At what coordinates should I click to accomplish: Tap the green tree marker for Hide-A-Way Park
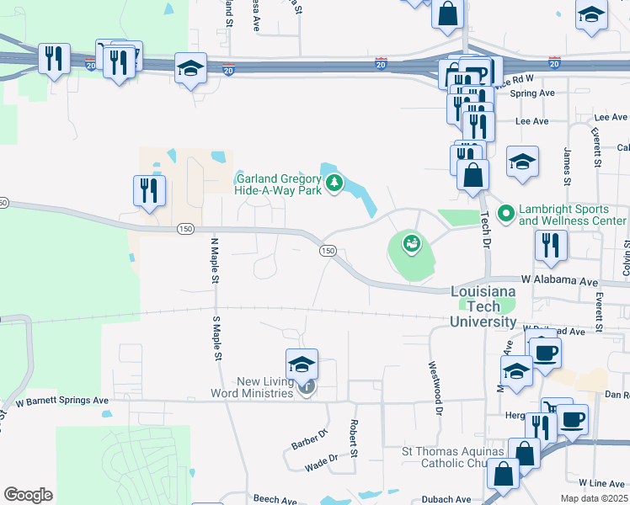[334, 182]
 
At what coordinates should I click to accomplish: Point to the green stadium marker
[411, 245]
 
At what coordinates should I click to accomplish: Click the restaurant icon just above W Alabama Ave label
[551, 245]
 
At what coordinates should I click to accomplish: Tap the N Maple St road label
[215, 260]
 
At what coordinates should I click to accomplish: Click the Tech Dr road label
[485, 232]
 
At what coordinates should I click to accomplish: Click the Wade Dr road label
[321, 459]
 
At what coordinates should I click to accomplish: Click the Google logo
[28, 495]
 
